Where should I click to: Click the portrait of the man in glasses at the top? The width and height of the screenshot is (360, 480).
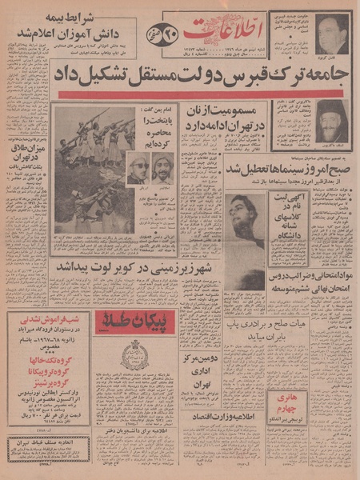coord(331,33)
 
